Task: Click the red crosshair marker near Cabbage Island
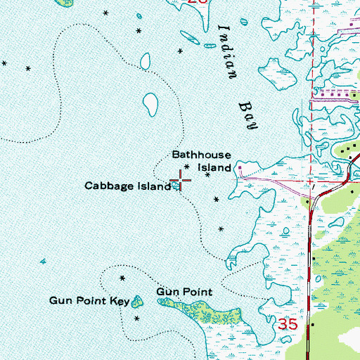[x=180, y=181]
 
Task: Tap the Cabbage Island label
[x=127, y=186]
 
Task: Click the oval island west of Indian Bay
[x=150, y=105]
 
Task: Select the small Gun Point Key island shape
[x=137, y=302]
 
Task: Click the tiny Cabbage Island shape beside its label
[x=175, y=187]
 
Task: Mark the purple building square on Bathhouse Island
[x=240, y=168]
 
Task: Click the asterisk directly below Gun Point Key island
[x=137, y=319]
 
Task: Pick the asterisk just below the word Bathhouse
[x=186, y=167]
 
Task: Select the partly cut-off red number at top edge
[x=199, y=2]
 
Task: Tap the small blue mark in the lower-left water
[x=41, y=261]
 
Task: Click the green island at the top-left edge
[x=65, y=3]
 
